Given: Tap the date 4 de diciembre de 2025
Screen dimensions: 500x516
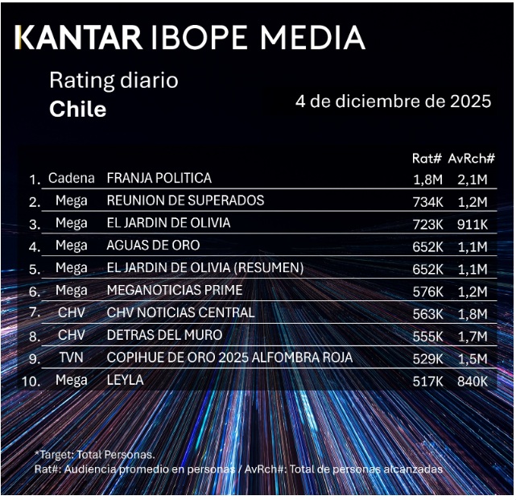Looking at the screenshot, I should (x=394, y=101).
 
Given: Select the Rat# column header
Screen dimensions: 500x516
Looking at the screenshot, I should (x=427, y=159).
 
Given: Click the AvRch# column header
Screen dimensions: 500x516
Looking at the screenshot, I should (x=471, y=159).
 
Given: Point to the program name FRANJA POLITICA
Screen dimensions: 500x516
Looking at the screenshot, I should (x=159, y=178).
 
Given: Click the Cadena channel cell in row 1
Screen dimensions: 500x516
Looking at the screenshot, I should (x=72, y=178).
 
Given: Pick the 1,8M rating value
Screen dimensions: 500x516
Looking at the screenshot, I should (x=427, y=179).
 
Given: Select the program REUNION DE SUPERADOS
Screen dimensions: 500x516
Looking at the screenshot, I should (x=185, y=200).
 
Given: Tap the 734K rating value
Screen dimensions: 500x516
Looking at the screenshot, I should (x=427, y=201).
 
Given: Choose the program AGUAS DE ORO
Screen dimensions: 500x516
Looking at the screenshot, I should (x=153, y=245).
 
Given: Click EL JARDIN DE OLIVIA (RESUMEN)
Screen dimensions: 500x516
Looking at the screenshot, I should (x=204, y=267).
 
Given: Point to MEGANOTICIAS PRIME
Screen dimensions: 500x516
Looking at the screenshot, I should (x=174, y=290).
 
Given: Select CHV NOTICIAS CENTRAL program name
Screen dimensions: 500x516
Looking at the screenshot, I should (x=180, y=312).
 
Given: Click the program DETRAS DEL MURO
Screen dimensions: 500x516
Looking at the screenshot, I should (x=164, y=335).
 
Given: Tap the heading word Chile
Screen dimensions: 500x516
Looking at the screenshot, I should (x=78, y=109).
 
